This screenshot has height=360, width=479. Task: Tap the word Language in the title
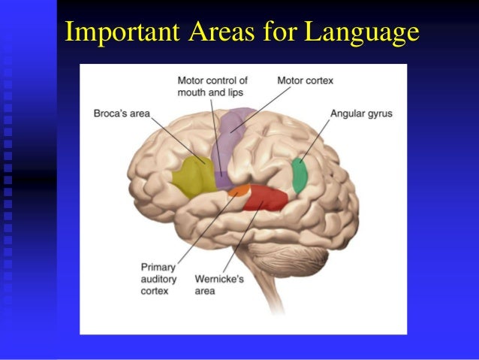[x=361, y=32]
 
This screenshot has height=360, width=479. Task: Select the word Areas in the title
[x=207, y=32]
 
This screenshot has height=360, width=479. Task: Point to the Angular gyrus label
[x=361, y=114]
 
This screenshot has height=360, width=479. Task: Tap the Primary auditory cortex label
[x=159, y=277]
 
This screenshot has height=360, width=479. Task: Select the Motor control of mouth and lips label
[x=213, y=86]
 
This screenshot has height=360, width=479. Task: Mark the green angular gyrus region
[x=300, y=175]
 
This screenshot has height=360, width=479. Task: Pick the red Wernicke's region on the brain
[x=264, y=198]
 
